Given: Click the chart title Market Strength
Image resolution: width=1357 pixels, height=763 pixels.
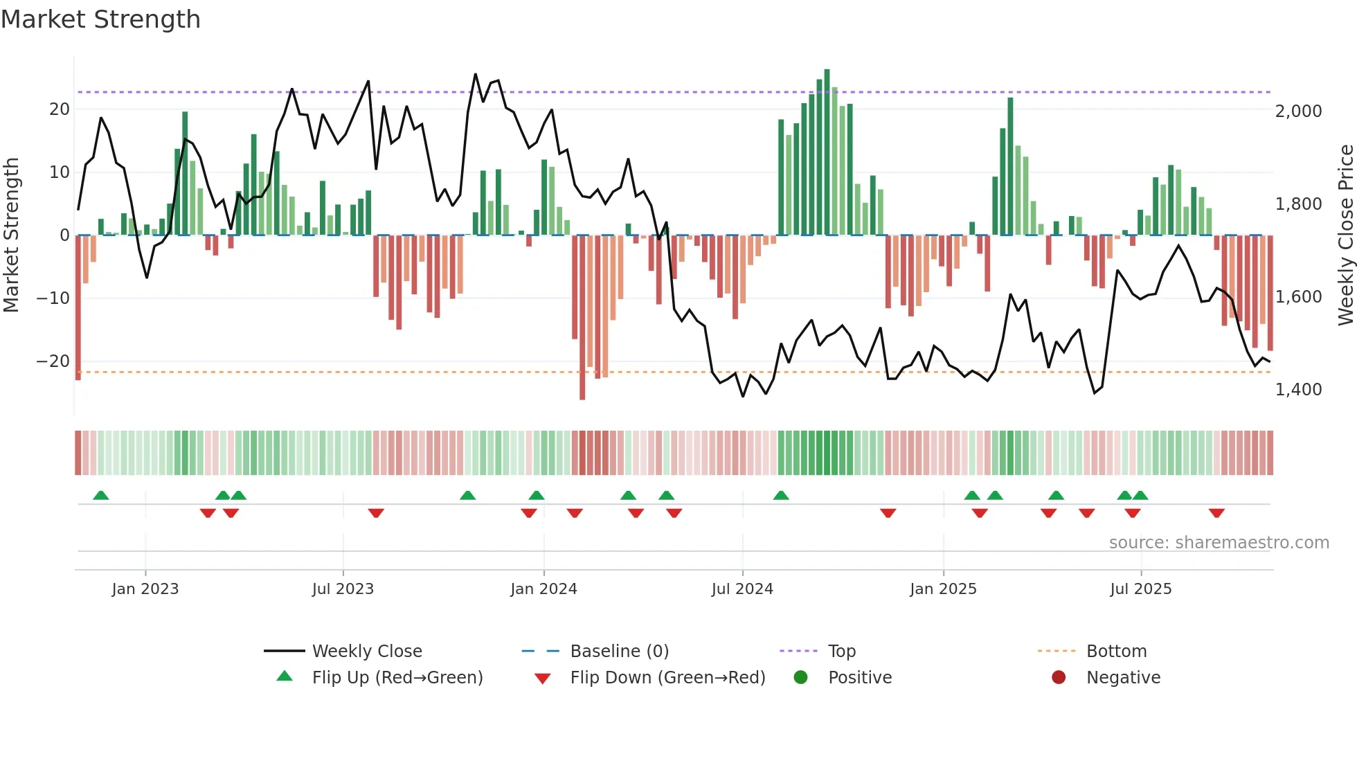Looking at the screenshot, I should [101, 19].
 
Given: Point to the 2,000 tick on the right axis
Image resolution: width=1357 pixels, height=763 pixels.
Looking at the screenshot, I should [1298, 111].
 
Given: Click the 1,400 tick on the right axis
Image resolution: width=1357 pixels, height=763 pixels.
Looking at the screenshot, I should [1298, 390].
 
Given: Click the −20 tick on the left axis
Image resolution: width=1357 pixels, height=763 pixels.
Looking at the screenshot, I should [53, 361].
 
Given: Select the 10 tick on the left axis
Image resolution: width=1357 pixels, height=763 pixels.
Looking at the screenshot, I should [60, 172].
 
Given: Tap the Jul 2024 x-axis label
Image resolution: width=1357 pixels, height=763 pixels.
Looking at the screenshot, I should [742, 589].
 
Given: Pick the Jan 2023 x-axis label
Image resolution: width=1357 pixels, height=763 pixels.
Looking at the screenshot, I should [145, 589].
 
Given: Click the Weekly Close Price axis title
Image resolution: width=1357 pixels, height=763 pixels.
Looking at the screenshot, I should [1345, 235].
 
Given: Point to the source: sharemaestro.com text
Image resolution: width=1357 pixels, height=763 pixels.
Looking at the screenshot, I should [1219, 542].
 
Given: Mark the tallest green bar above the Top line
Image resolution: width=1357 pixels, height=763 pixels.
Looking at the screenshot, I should [827, 80].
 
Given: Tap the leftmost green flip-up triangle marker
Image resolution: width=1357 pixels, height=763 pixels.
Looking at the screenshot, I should [101, 495].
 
